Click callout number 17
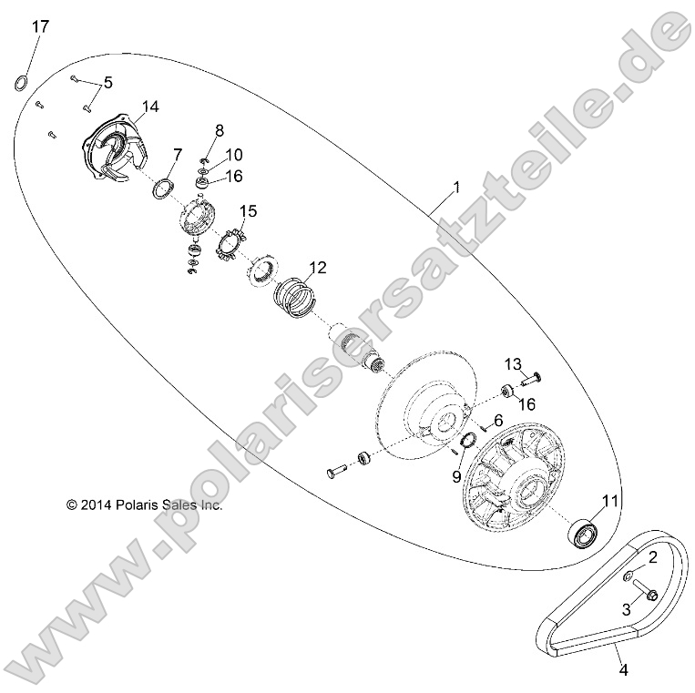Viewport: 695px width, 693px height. (40, 26)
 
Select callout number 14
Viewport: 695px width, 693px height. (149, 107)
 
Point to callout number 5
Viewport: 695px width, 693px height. (107, 83)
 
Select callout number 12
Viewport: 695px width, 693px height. (317, 268)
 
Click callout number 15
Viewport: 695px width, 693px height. (249, 210)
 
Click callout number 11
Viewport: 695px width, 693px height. (609, 500)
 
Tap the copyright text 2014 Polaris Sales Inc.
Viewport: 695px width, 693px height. (144, 504)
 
